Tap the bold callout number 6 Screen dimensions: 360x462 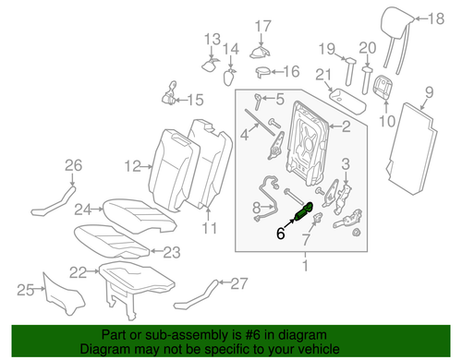click(281, 234)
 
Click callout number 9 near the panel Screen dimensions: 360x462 click(428, 90)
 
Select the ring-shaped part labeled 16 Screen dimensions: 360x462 click(262, 71)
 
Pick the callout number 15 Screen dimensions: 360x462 click(195, 100)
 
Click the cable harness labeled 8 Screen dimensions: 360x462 click(273, 197)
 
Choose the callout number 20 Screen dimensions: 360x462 click(368, 48)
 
